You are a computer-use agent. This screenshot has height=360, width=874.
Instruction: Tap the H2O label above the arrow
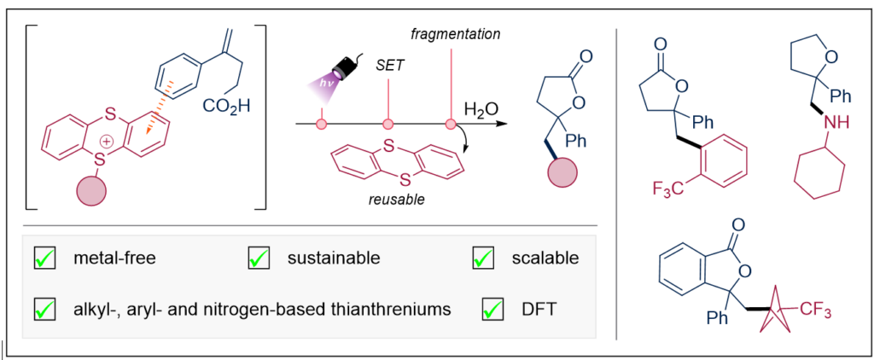tap(481, 110)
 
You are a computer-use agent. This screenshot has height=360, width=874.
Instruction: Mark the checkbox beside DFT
tap(492, 309)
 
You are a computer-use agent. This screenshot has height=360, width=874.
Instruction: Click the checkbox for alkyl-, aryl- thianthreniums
tap(44, 309)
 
